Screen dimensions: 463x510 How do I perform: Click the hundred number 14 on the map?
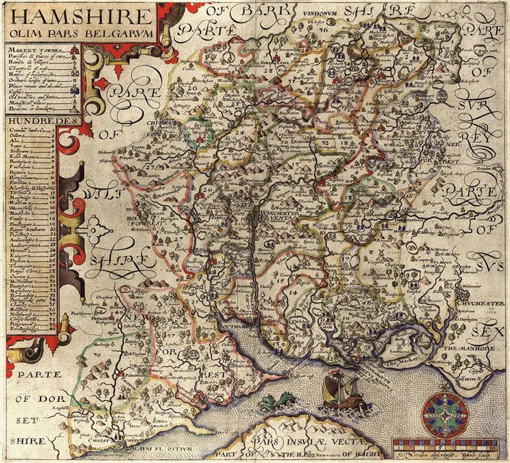click(293, 293)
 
